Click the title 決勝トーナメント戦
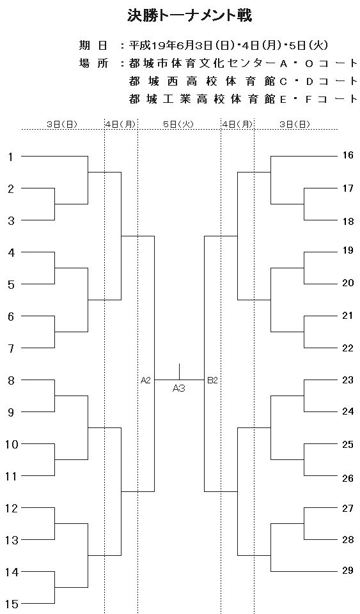190,16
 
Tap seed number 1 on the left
11,157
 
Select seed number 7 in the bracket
12,348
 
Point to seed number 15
12,604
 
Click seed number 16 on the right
348,155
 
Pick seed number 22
348,348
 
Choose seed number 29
348,571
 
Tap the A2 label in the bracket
146,380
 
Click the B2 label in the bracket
212,380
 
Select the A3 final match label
179,388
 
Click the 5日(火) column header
178,124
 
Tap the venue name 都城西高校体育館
202,81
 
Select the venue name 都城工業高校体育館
202,99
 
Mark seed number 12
12,509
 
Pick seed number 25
348,445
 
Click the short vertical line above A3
180,372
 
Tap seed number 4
12,253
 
